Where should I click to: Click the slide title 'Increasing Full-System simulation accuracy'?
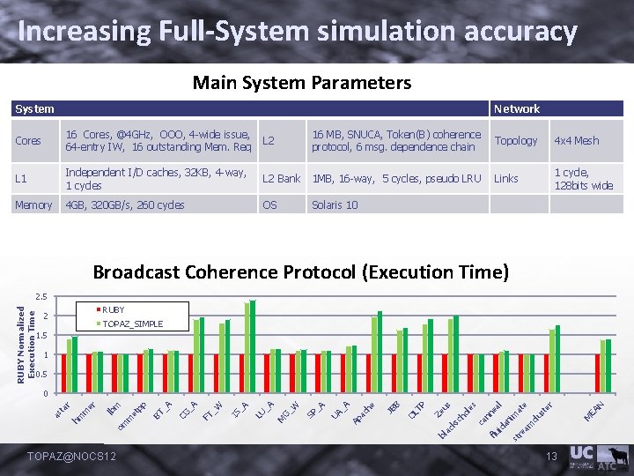point(298,32)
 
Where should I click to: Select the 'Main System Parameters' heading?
point(301,83)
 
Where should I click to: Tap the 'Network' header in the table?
point(517,108)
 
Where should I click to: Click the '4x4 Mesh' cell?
point(576,141)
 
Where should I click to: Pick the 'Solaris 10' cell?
point(335,205)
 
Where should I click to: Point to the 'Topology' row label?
point(516,141)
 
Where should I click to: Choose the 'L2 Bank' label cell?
point(282,179)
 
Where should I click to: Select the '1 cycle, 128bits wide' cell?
point(583,179)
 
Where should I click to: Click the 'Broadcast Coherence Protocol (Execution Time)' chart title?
point(301,271)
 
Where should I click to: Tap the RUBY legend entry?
point(113,310)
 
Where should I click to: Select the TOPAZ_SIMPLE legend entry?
point(132,324)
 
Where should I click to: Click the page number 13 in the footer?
point(552,456)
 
